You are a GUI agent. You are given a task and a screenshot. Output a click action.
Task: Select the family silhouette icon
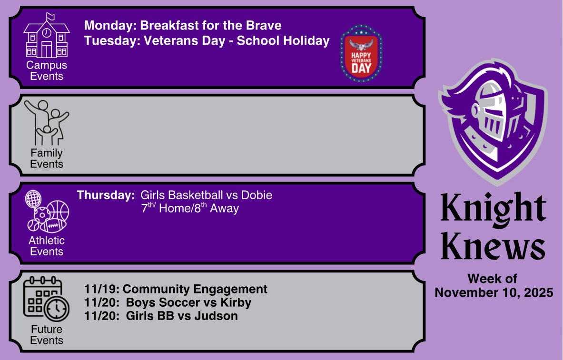coord(47,122)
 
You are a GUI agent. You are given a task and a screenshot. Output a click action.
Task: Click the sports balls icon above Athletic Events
coord(47,212)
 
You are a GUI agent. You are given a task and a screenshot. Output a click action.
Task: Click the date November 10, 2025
coord(494,292)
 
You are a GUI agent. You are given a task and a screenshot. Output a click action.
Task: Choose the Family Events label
coord(47,159)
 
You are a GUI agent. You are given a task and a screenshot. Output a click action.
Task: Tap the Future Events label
coord(47,335)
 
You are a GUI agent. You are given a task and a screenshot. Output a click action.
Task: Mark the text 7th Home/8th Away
coord(190,208)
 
